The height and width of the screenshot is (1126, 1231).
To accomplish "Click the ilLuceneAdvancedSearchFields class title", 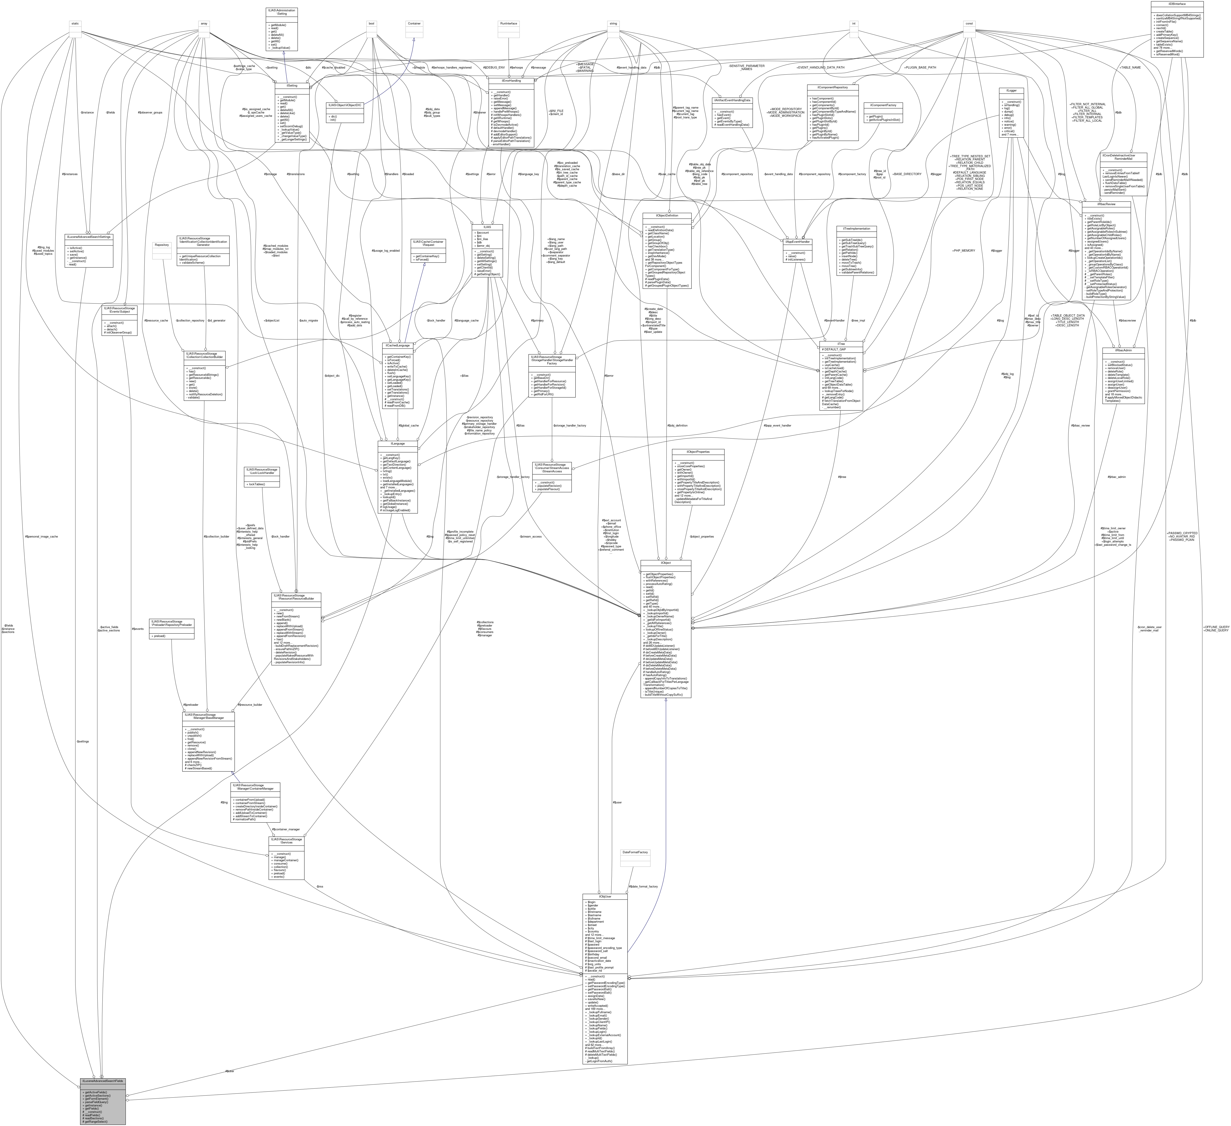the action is click(x=103, y=1081).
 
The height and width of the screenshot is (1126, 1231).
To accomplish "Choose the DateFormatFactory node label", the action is click(x=635, y=852).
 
